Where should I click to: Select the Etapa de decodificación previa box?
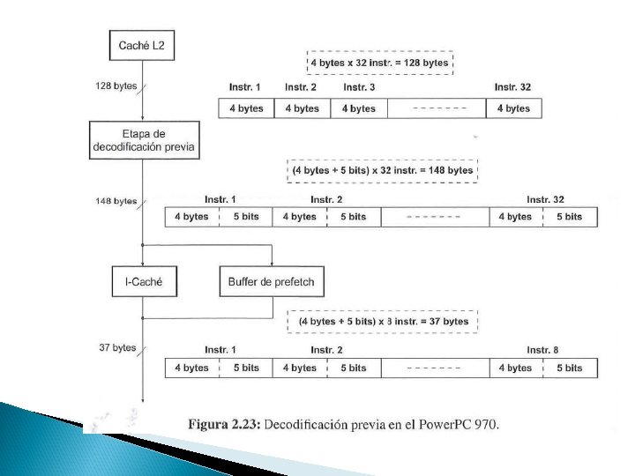tap(144, 140)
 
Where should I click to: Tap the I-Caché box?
tap(144, 282)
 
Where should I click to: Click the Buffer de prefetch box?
tap(271, 282)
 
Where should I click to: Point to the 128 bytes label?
tap(116, 86)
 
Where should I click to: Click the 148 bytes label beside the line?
tap(116, 202)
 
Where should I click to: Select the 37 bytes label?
tap(117, 347)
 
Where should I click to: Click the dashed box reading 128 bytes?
tap(378, 64)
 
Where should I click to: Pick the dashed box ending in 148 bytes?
tap(382, 169)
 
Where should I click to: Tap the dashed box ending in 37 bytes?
tap(382, 322)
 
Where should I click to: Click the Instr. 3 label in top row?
tap(359, 87)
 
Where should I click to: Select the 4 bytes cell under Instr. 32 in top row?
tap(513, 108)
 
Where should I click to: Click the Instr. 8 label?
tap(542, 351)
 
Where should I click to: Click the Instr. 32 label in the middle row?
tap(545, 200)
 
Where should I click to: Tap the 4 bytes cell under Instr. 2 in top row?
tap(302, 108)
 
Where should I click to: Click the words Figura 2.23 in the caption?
tap(223, 425)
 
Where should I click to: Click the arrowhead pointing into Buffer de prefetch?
tap(271, 262)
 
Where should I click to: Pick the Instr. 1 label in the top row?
tap(245, 87)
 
